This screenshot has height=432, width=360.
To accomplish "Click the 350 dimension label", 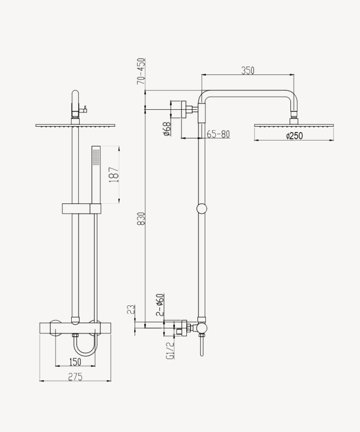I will [248, 70].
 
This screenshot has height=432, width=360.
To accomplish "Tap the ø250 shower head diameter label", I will [294, 136].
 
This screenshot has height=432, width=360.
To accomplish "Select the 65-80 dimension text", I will [218, 134].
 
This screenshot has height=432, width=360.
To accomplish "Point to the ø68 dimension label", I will [167, 129].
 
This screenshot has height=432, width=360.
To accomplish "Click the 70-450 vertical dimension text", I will [141, 71].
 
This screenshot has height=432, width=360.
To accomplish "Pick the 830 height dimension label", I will [141, 218].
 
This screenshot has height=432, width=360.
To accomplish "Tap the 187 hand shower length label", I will [114, 175].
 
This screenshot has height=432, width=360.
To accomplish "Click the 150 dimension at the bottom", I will [75, 362].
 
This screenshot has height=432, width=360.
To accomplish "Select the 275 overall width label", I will [75, 377].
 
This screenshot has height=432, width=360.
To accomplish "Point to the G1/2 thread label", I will [170, 350].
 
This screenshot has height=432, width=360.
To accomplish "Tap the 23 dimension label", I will [131, 309].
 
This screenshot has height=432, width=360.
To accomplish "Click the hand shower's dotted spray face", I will [96, 157].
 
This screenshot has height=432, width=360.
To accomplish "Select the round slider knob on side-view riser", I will [202, 208].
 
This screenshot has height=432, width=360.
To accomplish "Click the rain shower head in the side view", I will [293, 126].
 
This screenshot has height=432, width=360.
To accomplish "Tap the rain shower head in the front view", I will [75, 125].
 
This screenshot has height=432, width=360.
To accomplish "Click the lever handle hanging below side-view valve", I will [202, 346].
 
